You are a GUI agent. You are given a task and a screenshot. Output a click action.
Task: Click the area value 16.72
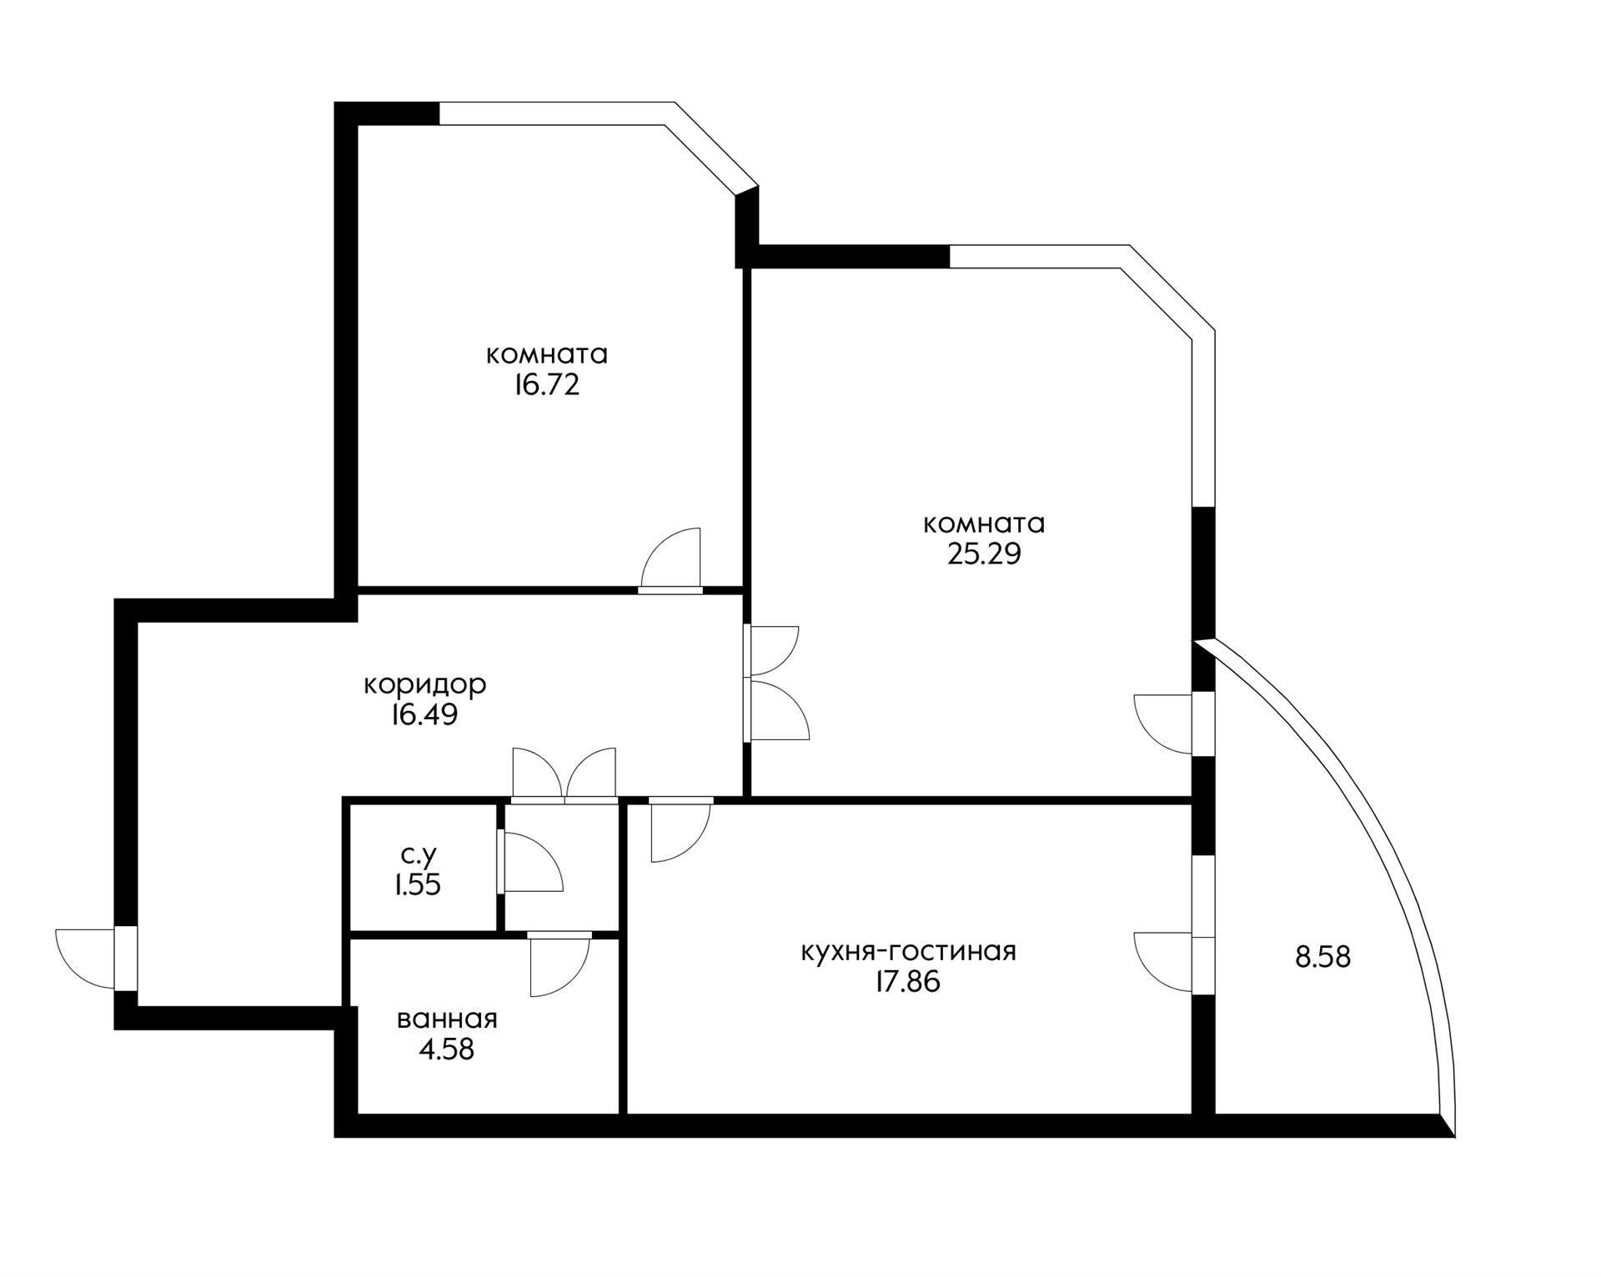(x=546, y=386)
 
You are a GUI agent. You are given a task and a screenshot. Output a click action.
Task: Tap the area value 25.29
(x=983, y=554)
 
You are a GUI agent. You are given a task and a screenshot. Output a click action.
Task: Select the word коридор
(x=424, y=684)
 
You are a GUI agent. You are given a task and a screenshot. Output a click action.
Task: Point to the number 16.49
(x=424, y=715)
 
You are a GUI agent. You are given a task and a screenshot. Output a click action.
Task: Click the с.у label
(x=419, y=854)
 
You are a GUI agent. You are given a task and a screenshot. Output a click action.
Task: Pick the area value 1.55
(x=418, y=884)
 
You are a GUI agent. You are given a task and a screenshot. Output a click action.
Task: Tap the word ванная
(x=447, y=1019)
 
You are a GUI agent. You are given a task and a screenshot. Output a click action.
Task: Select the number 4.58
(x=446, y=1049)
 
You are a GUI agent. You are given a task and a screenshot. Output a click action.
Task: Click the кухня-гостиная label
(x=908, y=951)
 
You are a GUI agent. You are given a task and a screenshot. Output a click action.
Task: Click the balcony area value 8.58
(x=1322, y=957)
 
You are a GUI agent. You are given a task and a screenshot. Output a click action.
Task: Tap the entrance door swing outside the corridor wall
(x=87, y=959)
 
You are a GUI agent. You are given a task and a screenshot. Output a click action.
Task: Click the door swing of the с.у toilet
(x=532, y=863)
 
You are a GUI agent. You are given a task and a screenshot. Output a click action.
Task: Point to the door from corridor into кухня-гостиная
(x=680, y=830)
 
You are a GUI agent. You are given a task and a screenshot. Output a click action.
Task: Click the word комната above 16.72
(x=546, y=355)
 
